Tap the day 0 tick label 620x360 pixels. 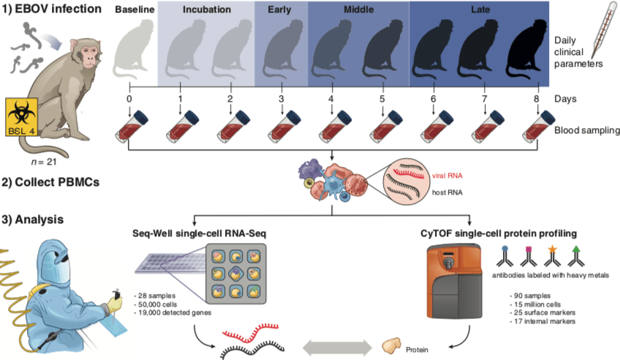(x=129, y=98)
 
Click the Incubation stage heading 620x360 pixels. (x=206, y=11)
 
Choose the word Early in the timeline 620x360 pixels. (x=281, y=11)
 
